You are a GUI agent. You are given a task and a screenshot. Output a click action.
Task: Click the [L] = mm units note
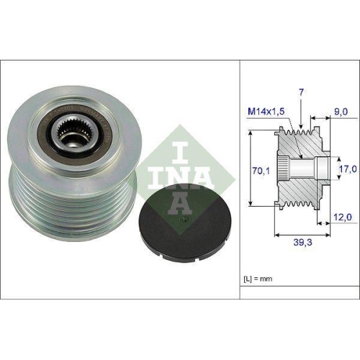(x=258, y=277)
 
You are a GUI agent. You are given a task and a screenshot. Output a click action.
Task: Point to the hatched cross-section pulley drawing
(x=302, y=169)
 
